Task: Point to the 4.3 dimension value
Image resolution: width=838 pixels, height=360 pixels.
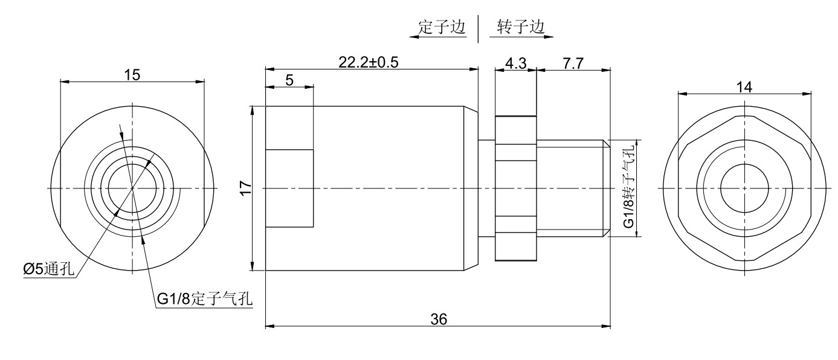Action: click(x=515, y=62)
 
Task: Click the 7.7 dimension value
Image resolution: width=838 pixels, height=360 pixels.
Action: click(x=573, y=62)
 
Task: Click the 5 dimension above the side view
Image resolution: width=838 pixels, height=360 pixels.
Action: click(x=289, y=80)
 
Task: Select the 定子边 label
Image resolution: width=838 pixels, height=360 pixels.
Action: click(x=443, y=28)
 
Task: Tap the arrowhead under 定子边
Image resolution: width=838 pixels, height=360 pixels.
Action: click(x=413, y=37)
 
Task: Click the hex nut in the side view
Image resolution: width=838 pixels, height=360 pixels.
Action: click(x=515, y=188)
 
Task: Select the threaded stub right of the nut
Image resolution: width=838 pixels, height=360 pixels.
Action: click(x=573, y=188)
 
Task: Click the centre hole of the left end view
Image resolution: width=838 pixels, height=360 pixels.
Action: click(x=132, y=188)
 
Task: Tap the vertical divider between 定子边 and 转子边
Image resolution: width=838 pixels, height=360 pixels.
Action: click(x=479, y=29)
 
